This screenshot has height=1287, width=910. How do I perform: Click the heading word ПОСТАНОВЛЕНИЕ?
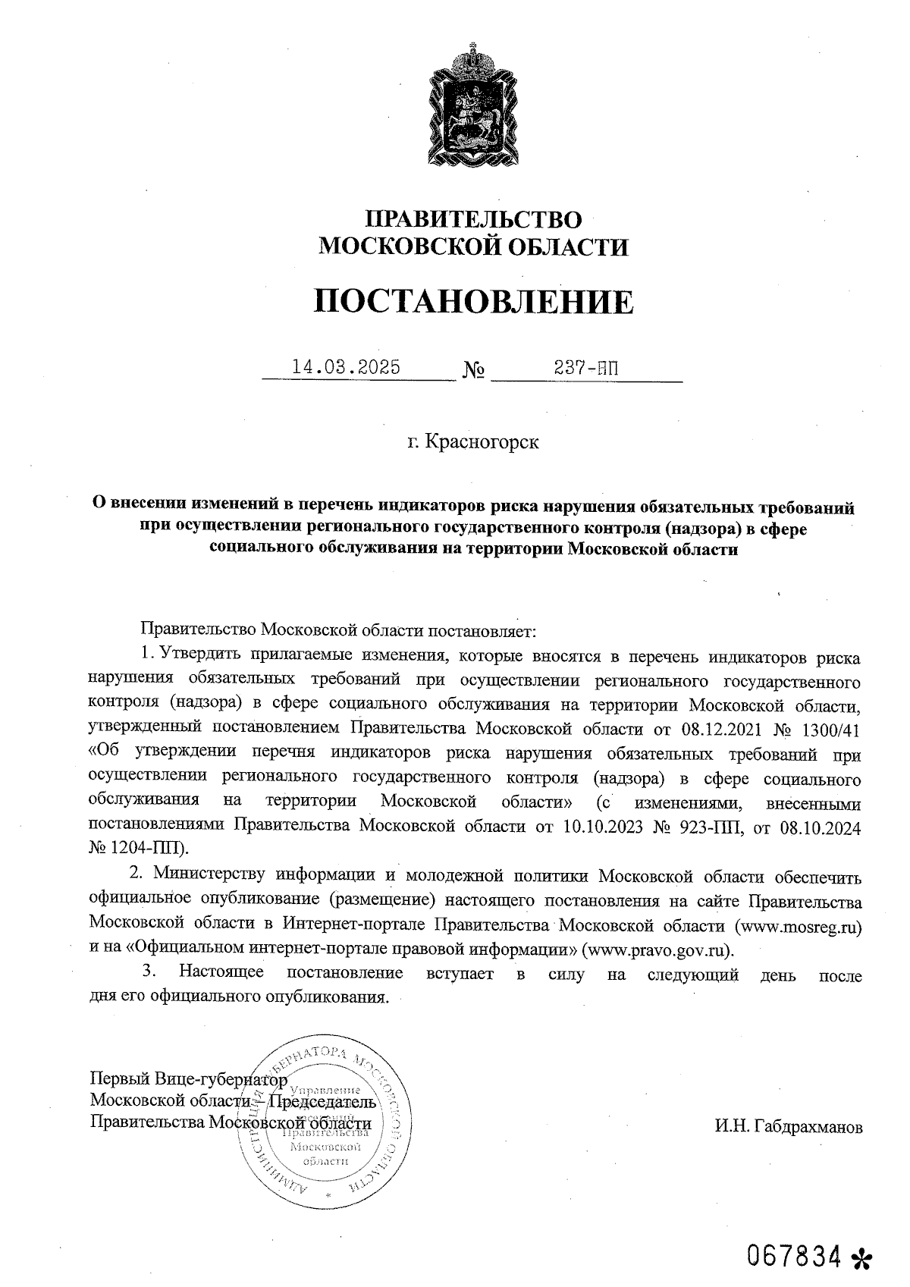coord(473,302)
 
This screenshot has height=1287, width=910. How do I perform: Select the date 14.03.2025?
coord(347,368)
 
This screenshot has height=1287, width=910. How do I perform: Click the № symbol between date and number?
coord(474,372)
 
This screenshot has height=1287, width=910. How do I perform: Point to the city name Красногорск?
coord(473,441)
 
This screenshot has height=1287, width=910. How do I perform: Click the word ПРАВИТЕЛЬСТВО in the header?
coord(473,220)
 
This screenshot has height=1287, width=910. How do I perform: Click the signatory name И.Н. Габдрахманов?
coord(788,1127)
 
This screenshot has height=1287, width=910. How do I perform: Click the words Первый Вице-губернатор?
coord(188,1079)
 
